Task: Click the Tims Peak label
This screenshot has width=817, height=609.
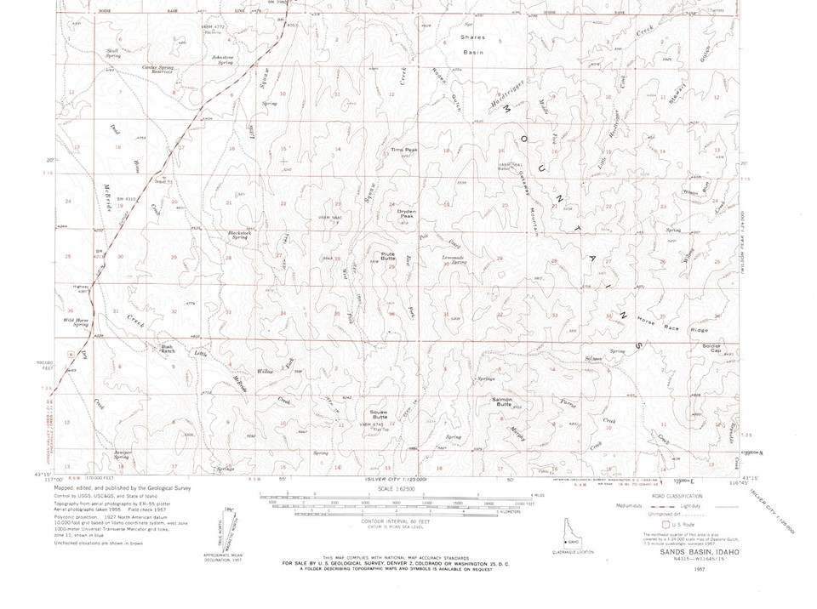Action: point(403,150)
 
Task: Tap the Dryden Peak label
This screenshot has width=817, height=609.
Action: point(401,214)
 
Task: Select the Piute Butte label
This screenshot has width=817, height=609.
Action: point(387,255)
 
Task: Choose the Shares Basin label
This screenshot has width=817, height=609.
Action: point(472,44)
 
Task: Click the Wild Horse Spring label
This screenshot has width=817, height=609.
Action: point(76,322)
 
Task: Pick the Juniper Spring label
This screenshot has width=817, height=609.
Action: point(122,455)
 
